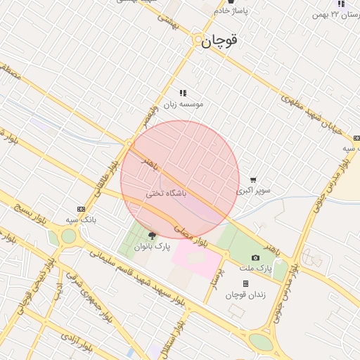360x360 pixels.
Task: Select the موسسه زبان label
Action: click(184, 103)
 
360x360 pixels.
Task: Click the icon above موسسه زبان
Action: click(184, 93)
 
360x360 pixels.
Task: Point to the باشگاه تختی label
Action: click(167, 192)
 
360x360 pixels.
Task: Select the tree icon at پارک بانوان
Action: click(153, 236)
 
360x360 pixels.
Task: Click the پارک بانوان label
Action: click(153, 247)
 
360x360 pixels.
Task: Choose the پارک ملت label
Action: click(255, 269)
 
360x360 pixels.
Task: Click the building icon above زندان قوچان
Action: click(245, 284)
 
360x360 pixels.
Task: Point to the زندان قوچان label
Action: click(243, 295)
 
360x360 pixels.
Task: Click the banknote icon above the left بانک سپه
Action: click(81, 209)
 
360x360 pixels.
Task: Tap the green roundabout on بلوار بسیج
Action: click(68, 236)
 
